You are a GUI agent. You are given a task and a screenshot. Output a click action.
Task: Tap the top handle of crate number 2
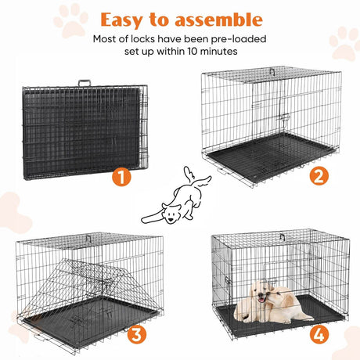[272, 70]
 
